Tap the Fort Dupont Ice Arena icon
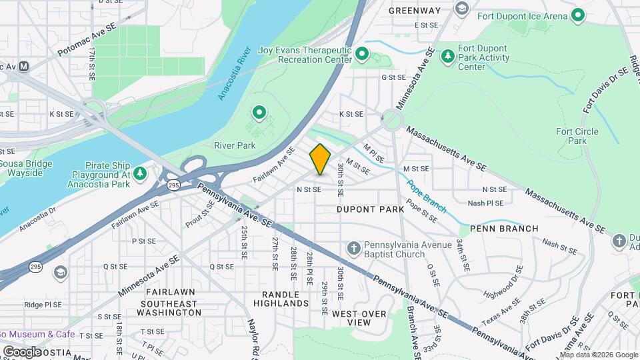pos(578,15)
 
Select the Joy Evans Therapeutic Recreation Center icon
pos(362,53)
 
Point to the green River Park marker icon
pos(259,112)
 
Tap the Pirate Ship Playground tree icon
pos(140,174)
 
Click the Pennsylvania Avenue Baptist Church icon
pos(353,249)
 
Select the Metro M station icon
pos(24,67)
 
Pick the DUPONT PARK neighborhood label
pos(370,209)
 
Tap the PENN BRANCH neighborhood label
pos(504,229)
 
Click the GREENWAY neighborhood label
pos(415,10)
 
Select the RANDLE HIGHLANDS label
pos(281,299)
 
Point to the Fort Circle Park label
pos(577,136)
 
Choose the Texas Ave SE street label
pos(501,310)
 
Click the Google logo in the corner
pos(22,351)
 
